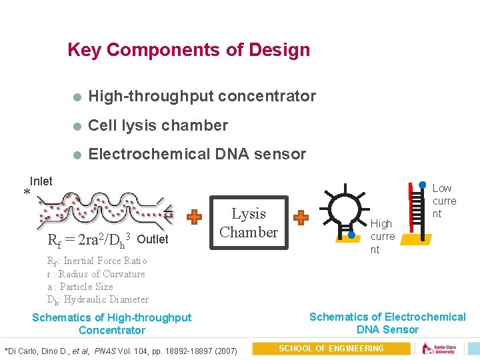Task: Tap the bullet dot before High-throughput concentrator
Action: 77,97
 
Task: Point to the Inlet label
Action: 41,181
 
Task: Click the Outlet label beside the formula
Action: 152,239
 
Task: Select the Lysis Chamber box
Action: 249,223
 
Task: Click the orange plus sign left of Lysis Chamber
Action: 193,217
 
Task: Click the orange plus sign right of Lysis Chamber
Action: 301,217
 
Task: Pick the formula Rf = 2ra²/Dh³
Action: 89,239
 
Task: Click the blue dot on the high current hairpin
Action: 351,234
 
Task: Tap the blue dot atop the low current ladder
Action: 422,185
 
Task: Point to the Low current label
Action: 444,201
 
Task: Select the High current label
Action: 383,236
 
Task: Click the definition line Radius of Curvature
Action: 95,274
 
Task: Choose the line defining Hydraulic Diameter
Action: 97,299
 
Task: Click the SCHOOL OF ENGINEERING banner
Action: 331,349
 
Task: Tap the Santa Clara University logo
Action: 443,349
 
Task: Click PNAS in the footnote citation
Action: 105,351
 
